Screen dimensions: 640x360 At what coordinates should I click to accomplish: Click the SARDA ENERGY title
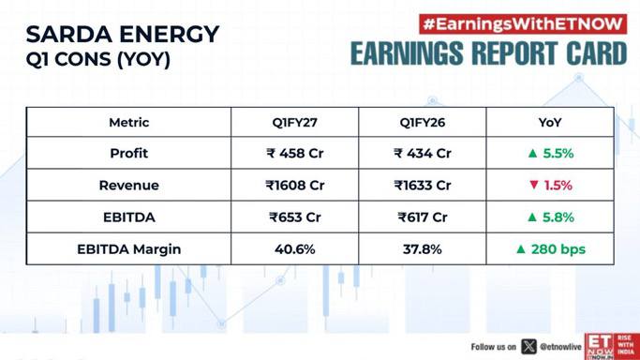point(123,34)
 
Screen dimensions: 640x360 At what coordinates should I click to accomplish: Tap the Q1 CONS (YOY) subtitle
point(98,60)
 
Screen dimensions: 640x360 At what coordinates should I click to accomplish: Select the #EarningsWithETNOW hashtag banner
point(523,24)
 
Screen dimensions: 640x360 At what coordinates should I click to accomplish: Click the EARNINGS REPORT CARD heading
point(488,53)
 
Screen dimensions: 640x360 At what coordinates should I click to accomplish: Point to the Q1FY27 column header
point(294,123)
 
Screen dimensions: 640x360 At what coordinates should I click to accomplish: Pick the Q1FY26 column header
point(423,123)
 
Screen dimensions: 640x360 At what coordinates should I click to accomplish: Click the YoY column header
point(550,123)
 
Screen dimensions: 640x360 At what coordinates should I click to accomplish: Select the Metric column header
point(129,123)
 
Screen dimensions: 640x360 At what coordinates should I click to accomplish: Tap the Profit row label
point(129,154)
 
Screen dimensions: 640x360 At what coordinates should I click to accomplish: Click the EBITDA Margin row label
point(129,249)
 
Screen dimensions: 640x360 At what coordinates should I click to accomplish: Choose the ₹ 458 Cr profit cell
point(294,154)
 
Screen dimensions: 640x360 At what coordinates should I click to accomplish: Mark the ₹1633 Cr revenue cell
point(423,186)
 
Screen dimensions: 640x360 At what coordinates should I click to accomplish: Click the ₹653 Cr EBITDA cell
point(294,217)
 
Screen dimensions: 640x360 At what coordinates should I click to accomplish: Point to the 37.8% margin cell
point(423,249)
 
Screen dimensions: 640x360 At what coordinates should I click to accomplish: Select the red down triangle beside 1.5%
point(533,185)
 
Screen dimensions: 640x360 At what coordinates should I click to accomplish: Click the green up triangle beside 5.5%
point(532,154)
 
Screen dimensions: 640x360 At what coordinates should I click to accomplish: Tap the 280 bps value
point(558,249)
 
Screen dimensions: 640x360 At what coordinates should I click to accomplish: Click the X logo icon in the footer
point(528,347)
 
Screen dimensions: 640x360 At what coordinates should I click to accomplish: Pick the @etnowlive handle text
point(560,347)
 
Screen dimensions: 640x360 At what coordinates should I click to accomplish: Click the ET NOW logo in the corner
point(612,347)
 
